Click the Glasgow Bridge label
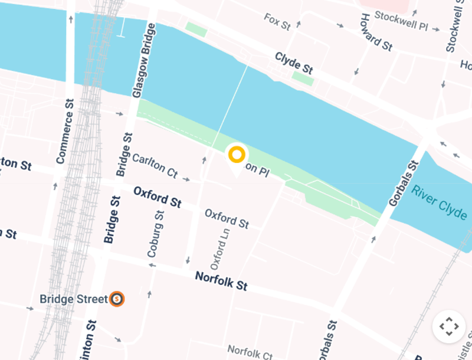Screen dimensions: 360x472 (x=145, y=60)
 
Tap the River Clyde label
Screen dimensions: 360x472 (x=440, y=201)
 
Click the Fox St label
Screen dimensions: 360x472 (x=277, y=22)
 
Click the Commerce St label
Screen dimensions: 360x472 (x=65, y=131)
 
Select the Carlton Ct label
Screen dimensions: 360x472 (x=155, y=166)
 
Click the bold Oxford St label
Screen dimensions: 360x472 (x=157, y=197)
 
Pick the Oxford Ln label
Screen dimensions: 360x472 (x=219, y=246)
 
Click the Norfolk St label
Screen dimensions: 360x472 (x=221, y=280)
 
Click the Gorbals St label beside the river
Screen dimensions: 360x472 (x=403, y=183)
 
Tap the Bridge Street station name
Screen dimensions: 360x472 (x=74, y=299)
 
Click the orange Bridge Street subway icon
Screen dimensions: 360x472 (x=117, y=299)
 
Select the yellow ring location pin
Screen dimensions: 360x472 (x=237, y=155)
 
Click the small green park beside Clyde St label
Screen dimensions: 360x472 (x=303, y=78)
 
